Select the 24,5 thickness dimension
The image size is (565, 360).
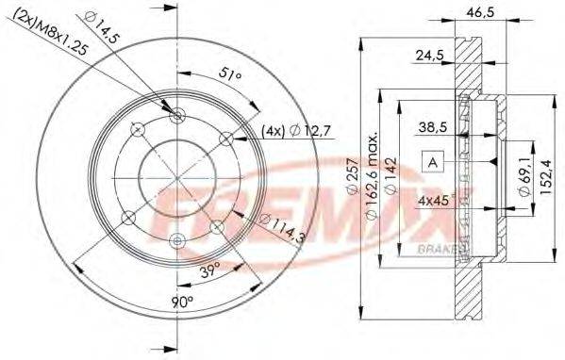click(x=431, y=57)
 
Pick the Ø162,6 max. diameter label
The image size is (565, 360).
click(x=374, y=179)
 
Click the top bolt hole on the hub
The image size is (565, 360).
click(x=180, y=115)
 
